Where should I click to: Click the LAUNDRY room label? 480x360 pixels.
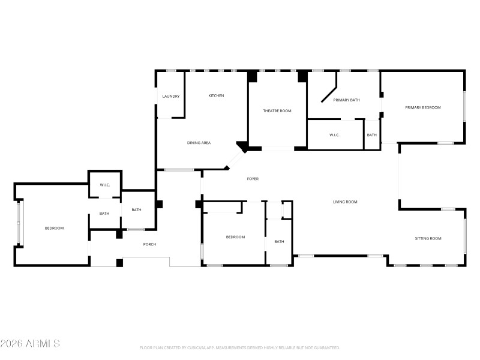(x=171, y=96)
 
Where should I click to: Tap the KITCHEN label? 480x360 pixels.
(x=216, y=95)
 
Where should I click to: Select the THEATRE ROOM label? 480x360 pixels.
(x=277, y=110)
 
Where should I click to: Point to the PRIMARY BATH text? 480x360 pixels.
(x=346, y=100)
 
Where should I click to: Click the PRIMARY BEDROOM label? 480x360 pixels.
(x=422, y=107)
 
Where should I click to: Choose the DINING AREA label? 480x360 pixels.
(x=199, y=143)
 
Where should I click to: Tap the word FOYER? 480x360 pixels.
(x=253, y=179)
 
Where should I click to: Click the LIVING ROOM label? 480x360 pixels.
(x=345, y=202)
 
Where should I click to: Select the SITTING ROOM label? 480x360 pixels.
(x=428, y=238)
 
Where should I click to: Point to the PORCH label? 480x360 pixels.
(x=149, y=244)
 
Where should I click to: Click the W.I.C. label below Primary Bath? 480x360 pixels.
(x=334, y=135)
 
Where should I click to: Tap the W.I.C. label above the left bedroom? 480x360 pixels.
(x=104, y=185)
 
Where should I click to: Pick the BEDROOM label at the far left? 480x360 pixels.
(x=54, y=228)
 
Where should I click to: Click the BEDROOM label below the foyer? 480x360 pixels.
(x=235, y=237)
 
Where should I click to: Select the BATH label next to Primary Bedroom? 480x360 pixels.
(x=372, y=135)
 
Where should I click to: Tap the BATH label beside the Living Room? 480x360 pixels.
(x=279, y=242)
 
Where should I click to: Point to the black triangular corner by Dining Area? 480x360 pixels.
(x=242, y=146)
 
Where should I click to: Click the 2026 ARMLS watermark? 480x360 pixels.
(x=30, y=344)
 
